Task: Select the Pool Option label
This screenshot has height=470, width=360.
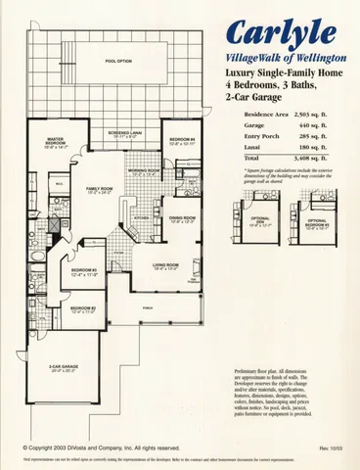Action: coord(118,61)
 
